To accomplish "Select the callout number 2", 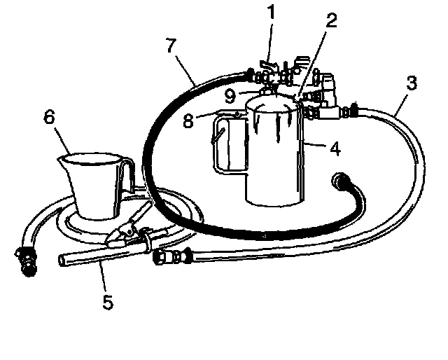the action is tap(331, 20).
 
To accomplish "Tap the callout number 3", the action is tap(412, 84).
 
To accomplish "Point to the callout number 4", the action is tap(336, 148).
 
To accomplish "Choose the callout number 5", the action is tap(106, 303).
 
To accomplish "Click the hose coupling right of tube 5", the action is tap(173, 256).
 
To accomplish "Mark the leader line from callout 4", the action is tap(316, 146).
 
